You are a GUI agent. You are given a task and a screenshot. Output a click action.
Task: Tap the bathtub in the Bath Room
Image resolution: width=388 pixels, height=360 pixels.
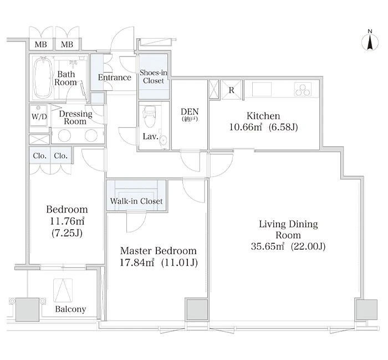tap(43, 77)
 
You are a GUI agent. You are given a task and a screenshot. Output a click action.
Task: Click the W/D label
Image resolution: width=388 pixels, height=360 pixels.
tap(39, 116)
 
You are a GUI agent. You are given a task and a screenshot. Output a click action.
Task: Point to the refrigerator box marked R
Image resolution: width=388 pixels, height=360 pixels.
tap(231, 90)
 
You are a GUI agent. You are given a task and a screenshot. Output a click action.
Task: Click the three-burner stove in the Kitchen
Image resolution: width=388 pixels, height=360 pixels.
tap(303, 89)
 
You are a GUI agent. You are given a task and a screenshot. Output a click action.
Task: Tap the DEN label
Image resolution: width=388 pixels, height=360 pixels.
tap(190, 111)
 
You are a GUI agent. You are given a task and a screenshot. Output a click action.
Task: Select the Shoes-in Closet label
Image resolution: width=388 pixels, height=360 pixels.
tap(154, 76)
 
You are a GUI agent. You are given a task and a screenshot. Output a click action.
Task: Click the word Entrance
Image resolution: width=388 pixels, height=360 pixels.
tap(115, 78)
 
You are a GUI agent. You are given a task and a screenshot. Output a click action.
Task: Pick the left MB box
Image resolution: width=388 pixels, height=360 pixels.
tap(41, 44)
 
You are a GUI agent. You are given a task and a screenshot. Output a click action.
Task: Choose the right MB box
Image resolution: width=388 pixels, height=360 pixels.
tap(67, 44)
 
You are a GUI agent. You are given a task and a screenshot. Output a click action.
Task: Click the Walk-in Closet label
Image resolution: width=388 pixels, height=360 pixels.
tap(136, 201)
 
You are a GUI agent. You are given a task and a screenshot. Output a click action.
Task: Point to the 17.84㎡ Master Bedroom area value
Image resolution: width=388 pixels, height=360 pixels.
tap(137, 263)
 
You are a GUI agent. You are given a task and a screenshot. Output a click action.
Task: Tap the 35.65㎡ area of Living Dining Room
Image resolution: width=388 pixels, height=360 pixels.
tap(268, 246)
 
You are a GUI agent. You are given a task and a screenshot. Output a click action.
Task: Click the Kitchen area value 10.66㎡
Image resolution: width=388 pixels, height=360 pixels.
tap(246, 127)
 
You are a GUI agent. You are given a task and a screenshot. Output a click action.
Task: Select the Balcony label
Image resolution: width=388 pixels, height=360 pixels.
tap(70, 309)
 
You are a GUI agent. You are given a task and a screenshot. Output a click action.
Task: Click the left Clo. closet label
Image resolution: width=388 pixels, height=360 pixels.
tap(39, 156)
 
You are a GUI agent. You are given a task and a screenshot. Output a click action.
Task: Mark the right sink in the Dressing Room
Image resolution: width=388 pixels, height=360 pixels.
tap(91, 135)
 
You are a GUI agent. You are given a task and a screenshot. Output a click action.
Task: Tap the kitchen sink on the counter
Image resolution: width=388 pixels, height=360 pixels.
tap(262, 89)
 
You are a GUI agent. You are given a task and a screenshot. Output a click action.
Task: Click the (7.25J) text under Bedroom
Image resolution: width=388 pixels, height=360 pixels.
tap(67, 233)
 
